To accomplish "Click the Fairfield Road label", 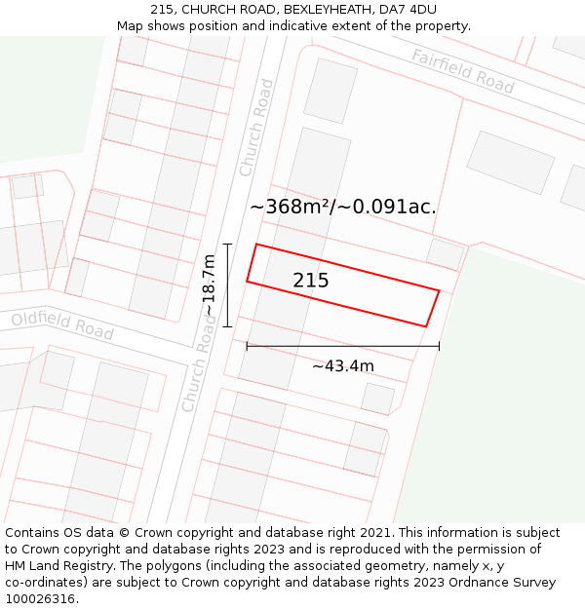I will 462,71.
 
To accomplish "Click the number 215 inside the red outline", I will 311,281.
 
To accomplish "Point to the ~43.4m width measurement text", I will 342,366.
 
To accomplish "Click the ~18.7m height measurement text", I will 209,285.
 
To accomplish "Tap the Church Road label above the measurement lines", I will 255,128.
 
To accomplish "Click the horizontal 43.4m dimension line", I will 342,346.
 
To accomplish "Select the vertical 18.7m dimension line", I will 227,285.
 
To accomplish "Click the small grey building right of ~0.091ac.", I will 446,253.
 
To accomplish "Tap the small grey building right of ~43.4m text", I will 377,398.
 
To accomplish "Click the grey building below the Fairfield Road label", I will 510,162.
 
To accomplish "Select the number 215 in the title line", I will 162,10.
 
